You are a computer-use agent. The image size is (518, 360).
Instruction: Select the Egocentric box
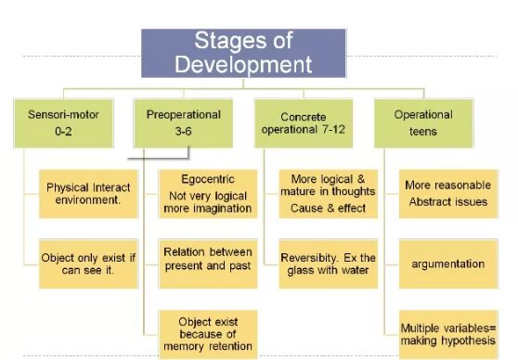(207, 193)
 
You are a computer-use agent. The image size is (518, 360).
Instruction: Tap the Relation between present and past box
(207, 263)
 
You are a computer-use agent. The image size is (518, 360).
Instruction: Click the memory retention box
(207, 333)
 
